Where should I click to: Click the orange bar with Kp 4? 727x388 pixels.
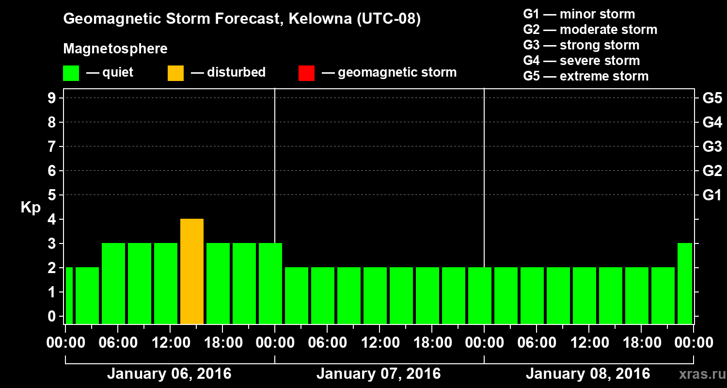[x=192, y=272]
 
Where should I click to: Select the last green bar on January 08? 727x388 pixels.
[x=685, y=284]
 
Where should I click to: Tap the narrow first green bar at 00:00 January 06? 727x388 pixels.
[x=69, y=295]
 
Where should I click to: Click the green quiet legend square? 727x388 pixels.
[x=71, y=73]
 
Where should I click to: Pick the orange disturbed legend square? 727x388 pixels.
[x=175, y=73]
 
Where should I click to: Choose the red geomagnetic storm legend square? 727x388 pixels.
[x=306, y=73]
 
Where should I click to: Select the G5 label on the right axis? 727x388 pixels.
[x=712, y=98]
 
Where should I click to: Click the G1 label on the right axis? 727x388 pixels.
[x=712, y=195]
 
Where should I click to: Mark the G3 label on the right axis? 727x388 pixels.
[x=712, y=146]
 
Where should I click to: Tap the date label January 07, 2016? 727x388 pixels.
[x=379, y=374]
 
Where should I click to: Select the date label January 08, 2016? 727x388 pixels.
[x=588, y=374]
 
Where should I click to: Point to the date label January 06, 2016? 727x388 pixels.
[x=169, y=374]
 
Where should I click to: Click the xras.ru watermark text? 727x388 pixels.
[x=699, y=374]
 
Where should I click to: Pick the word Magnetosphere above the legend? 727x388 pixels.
[x=115, y=49]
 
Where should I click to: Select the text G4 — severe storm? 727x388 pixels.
[x=582, y=61]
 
